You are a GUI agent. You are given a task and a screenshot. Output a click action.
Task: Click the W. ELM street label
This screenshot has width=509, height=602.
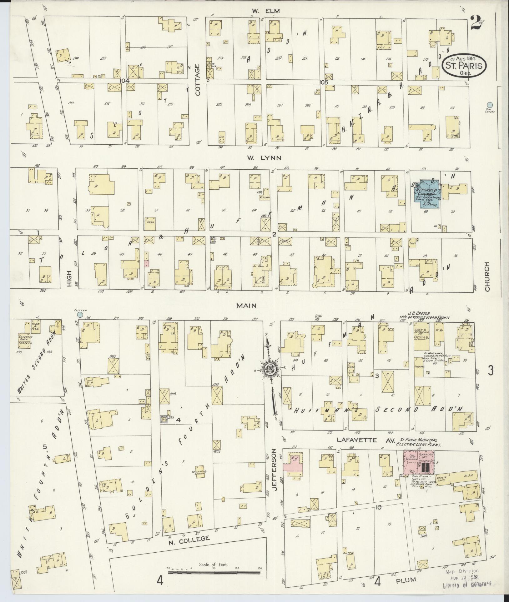261,11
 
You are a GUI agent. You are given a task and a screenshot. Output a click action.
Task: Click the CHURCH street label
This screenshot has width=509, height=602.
487,277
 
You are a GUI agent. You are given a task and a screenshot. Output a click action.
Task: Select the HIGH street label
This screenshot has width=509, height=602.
69,278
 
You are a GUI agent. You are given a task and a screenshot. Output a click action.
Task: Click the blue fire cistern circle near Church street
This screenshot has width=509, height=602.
490,105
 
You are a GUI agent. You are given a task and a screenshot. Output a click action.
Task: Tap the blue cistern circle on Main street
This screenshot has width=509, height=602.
80,314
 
